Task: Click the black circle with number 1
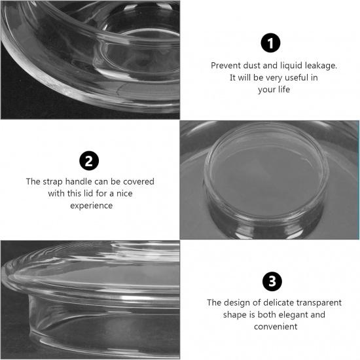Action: click(x=270, y=43)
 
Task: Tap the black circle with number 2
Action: click(x=90, y=160)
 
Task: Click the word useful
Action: click(x=287, y=78)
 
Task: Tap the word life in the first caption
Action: click(x=283, y=90)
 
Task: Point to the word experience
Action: click(x=91, y=205)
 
